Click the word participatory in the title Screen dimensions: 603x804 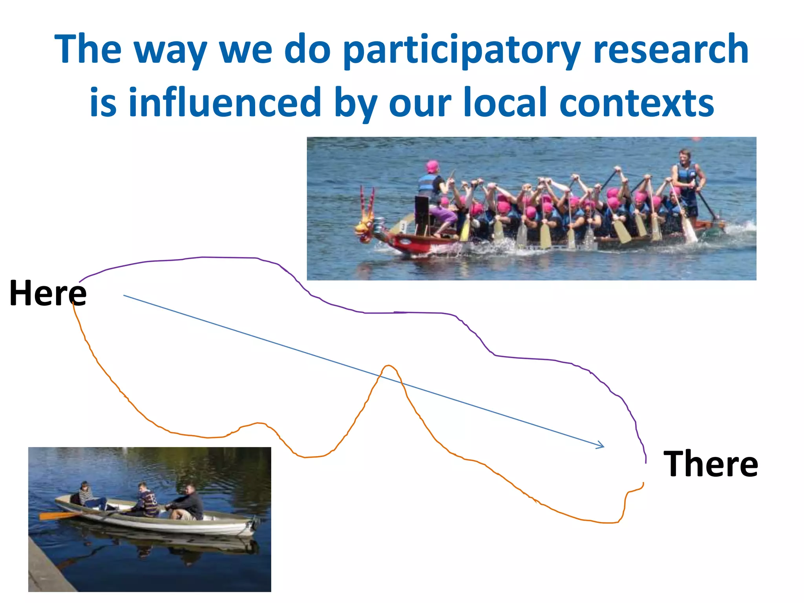point(461,50)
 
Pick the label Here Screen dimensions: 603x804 point(48,293)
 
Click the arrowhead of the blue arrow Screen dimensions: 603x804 point(601,446)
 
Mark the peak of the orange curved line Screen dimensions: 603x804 point(388,366)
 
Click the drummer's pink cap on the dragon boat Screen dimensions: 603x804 point(432,166)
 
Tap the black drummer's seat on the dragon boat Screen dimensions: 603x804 point(422,214)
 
